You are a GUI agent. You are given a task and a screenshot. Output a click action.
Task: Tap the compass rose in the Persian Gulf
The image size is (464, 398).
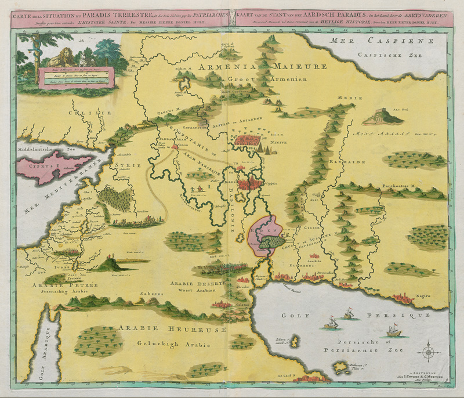point(429,352)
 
